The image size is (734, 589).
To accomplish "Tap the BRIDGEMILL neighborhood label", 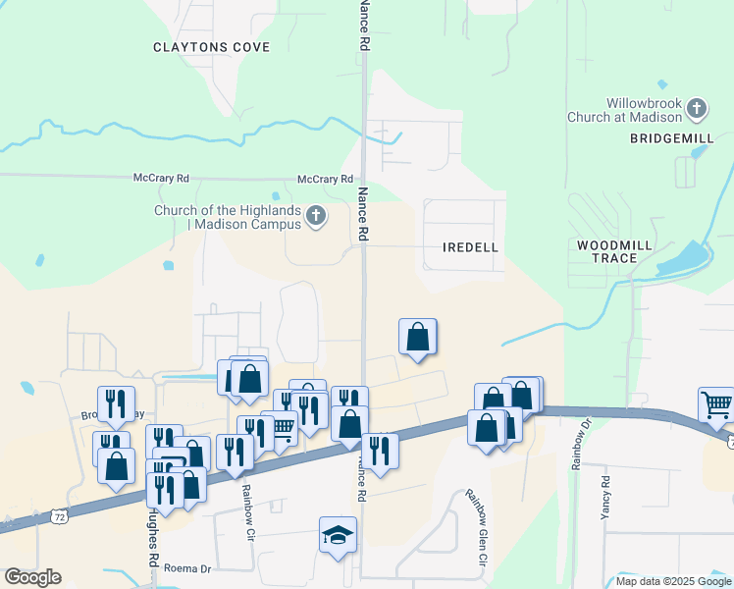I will tap(671, 139).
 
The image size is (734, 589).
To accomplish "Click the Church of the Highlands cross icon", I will tap(315, 216).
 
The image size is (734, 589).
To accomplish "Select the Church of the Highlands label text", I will tap(227, 217).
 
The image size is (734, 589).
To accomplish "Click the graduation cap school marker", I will tap(338, 535).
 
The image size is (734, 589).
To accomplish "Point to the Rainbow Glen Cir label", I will tap(476, 541).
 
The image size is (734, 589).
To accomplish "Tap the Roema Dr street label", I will tap(188, 568).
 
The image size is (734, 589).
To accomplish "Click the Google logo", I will tap(32, 577).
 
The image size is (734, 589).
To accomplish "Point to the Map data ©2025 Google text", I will tap(673, 581).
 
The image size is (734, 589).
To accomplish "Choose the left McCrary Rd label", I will tap(161, 179).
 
